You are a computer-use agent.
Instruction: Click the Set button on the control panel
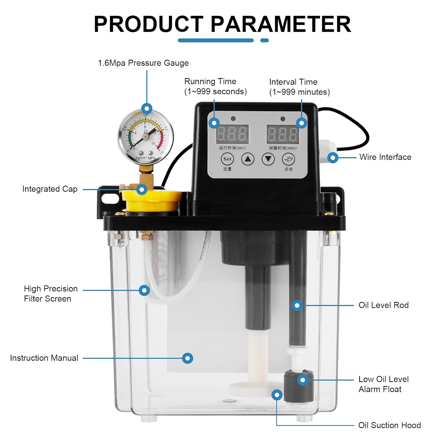(x=227, y=159)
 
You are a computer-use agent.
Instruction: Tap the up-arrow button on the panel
(x=248, y=159)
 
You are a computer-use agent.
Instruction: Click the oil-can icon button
(x=288, y=159)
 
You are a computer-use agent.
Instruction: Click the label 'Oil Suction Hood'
(x=389, y=425)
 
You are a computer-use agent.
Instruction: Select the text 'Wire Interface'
(x=385, y=157)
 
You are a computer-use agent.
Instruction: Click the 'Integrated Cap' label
(x=50, y=189)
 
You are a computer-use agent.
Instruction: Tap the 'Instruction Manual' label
(x=44, y=358)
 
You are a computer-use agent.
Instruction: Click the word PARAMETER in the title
(x=281, y=24)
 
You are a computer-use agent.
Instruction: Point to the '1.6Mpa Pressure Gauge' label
(x=143, y=63)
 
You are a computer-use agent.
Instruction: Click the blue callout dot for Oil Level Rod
(x=297, y=305)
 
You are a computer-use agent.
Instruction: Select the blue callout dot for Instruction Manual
(x=187, y=358)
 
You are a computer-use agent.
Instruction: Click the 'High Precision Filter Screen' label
(x=50, y=294)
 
